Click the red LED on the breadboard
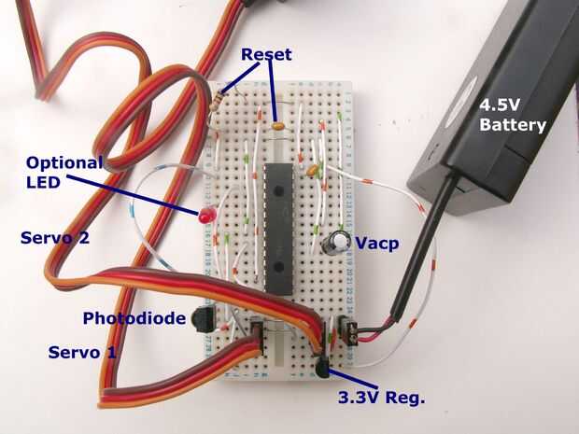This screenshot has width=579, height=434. tap(206, 216)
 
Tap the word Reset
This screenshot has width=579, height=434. tap(266, 55)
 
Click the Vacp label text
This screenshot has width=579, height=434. tap(376, 244)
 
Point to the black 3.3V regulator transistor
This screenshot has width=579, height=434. tap(321, 368)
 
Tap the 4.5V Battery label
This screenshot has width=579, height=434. tap(513, 116)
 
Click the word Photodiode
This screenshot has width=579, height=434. tap(134, 318)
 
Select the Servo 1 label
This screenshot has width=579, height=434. tap(82, 353)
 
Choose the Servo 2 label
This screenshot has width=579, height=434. tap(55, 238)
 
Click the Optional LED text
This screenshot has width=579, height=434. tap(64, 173)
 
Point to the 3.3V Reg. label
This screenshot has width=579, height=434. tap(382, 398)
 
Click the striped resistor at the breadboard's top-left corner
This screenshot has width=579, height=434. tap(218, 99)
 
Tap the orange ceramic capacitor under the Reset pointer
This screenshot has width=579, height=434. tap(277, 126)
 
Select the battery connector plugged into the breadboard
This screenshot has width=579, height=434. tap(347, 330)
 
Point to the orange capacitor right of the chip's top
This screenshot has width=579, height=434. tap(313, 170)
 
